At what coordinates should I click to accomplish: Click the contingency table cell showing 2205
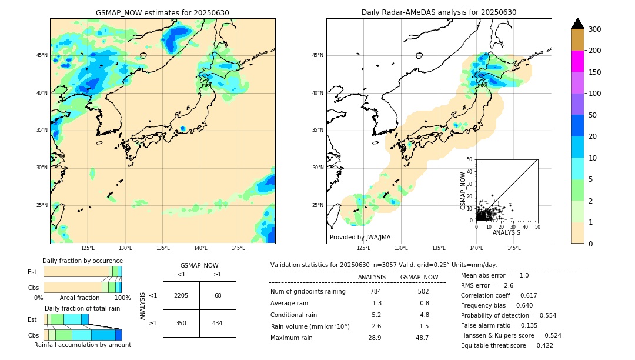coord(181,295)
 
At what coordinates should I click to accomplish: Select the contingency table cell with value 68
coord(218,295)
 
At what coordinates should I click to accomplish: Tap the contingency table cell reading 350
coord(181,324)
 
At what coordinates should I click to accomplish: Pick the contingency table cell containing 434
coord(218,324)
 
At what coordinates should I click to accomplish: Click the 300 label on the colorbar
coord(595,29)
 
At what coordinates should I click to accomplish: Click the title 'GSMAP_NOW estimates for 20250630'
coord(162,13)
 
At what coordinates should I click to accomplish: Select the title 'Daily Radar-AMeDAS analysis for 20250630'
coord(439,13)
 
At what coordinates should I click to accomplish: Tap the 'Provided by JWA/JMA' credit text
coord(360,238)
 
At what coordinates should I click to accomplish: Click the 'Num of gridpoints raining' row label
coord(308,292)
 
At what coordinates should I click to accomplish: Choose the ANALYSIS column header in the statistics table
coord(372,277)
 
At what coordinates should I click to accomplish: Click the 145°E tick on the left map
coord(238,248)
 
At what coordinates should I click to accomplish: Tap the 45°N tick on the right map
coord(317,55)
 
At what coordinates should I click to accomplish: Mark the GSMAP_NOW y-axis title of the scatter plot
coord(463,191)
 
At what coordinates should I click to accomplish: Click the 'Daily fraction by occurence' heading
coord(82,261)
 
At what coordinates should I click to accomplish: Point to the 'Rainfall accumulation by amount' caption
coord(82,345)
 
